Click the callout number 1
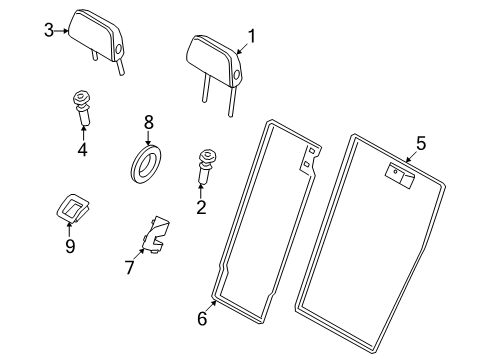pos(251,37)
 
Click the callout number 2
pos(200,207)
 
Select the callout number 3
pos(47,30)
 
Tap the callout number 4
pos(82,151)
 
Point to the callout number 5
pos(420,144)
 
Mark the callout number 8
pos(148,122)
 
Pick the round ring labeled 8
pos(148,163)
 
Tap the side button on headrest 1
pos(236,72)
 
